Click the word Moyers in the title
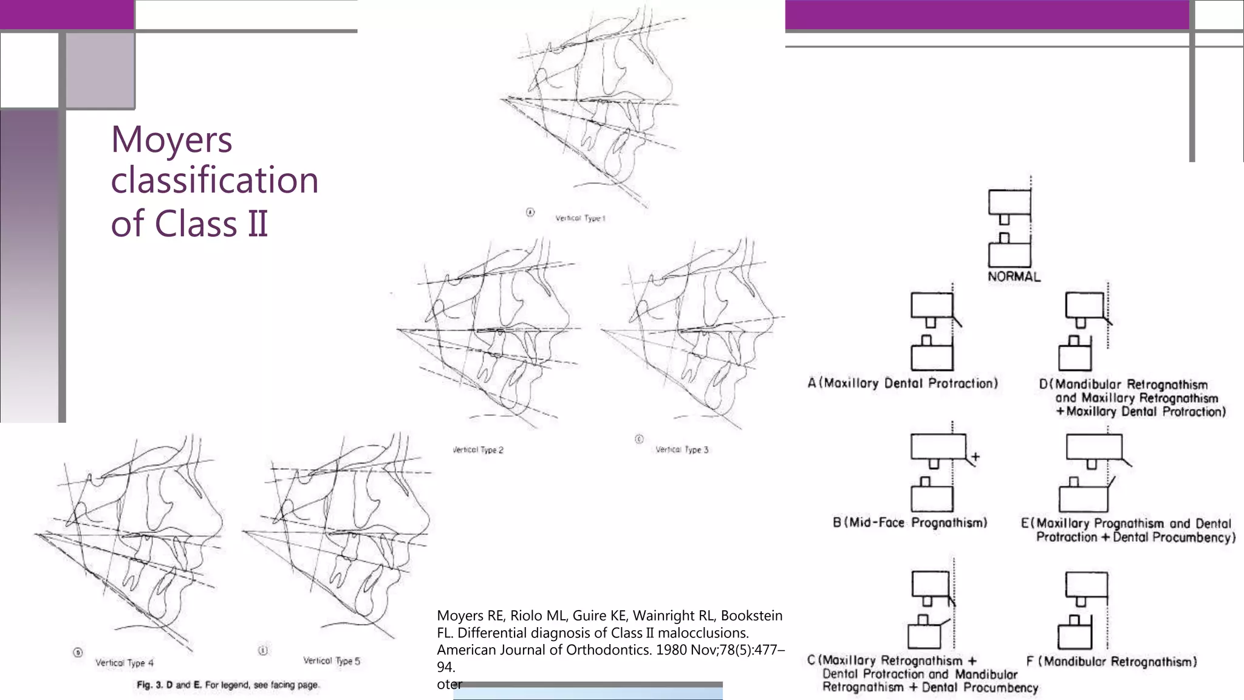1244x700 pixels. tap(171, 140)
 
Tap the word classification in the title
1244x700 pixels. tap(214, 180)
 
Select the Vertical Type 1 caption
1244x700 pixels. tap(580, 218)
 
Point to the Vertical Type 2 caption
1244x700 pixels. tap(478, 450)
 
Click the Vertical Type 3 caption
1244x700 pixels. tap(682, 450)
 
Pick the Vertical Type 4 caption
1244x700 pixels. tap(125, 663)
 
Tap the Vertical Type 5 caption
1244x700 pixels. tap(332, 661)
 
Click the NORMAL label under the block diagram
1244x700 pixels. tap(1014, 276)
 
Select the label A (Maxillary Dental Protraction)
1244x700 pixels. tap(903, 383)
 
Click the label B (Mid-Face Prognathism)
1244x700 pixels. tap(910, 523)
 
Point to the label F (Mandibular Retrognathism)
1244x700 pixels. tap(1112, 662)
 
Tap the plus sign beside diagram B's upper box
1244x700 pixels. tap(976, 456)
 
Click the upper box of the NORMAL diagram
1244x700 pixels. tap(1010, 202)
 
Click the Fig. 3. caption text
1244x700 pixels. tap(228, 685)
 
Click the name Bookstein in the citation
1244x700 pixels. tap(751, 616)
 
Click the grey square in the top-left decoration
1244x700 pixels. tap(100, 70)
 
